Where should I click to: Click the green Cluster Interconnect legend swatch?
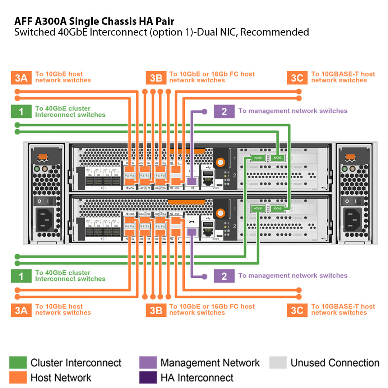point(18,362)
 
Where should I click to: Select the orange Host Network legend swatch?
point(18,377)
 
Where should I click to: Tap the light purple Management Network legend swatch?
point(148,362)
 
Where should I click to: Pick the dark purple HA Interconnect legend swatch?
point(148,377)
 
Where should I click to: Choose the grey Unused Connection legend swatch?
point(278,362)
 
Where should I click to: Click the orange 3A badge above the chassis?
point(21,78)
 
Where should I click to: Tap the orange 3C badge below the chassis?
point(297,310)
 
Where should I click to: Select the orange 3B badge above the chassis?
point(156,78)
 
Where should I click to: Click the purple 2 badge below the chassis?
point(224,276)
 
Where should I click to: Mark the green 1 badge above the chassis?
point(21,112)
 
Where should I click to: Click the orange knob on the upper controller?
point(219,163)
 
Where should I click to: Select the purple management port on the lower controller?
point(191,232)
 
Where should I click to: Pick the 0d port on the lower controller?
point(116,232)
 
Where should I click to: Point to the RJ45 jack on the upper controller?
point(208,176)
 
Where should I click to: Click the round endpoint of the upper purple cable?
point(204,111)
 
